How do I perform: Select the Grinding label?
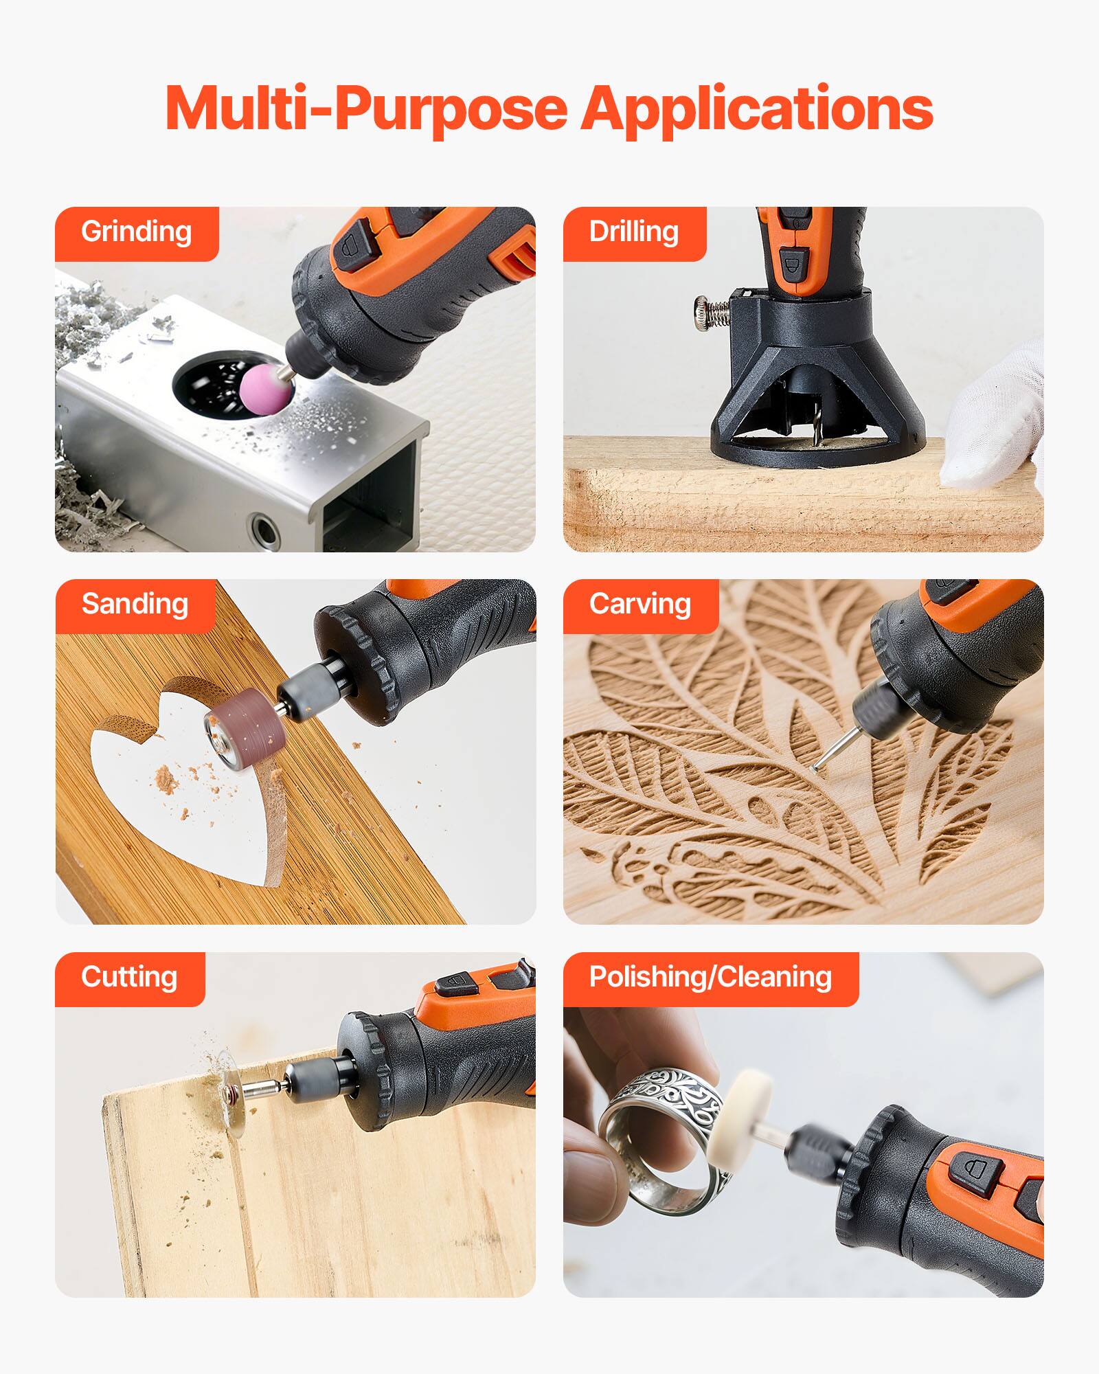pos(136,232)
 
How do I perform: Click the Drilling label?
pos(633,232)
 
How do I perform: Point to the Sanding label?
pos(135,605)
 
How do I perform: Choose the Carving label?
pos(639,605)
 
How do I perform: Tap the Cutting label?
pos(129,978)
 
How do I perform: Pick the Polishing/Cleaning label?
pos(710,978)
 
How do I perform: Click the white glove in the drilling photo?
pos(996,419)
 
